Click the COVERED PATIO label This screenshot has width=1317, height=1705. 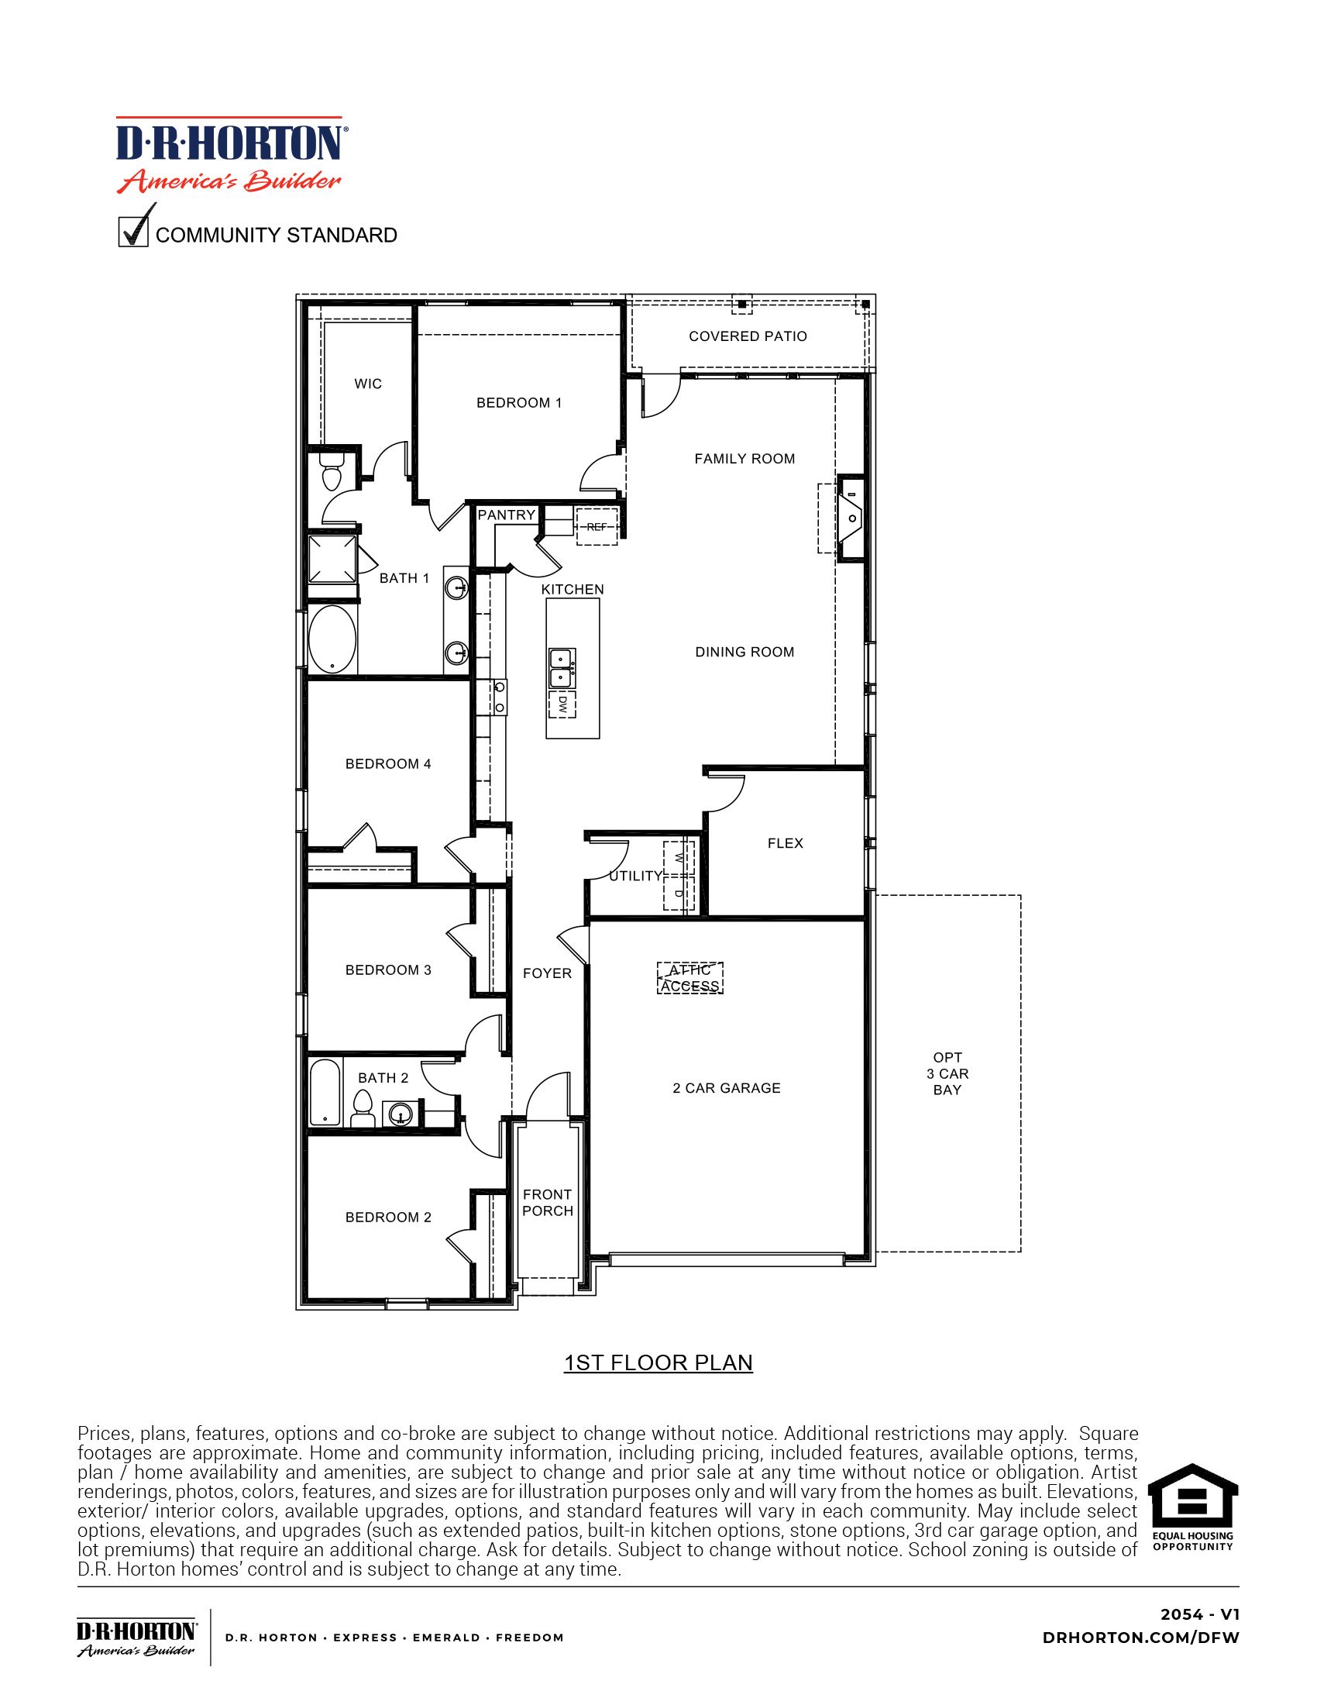pos(748,336)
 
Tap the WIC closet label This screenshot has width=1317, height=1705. pos(368,384)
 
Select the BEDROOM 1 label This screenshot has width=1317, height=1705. pos(519,403)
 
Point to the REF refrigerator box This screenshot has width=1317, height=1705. pos(597,527)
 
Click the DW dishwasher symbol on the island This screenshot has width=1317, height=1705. pos(562,706)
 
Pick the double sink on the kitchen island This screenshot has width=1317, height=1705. pos(562,667)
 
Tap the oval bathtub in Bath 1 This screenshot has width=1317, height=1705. pos(332,639)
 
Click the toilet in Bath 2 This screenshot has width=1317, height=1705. pos(362,1107)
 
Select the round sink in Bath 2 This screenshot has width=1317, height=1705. pos(401,1115)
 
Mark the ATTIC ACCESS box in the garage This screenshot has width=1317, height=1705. pos(689,978)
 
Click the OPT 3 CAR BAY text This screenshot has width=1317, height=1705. pos(947,1073)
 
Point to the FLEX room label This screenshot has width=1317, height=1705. pos(785,843)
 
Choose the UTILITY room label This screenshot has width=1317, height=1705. pos(635,876)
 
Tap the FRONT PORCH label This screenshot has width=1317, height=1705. pos(548,1202)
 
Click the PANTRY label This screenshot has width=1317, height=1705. pos(507,515)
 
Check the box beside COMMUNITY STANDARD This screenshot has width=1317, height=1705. pos(133,233)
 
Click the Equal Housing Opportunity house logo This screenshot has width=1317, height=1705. pos(1193,1506)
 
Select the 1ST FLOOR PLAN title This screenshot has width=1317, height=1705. pos(658,1363)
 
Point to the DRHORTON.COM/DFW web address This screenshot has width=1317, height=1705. pos(1140,1638)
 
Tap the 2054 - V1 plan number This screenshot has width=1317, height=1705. pos(1199,1614)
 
